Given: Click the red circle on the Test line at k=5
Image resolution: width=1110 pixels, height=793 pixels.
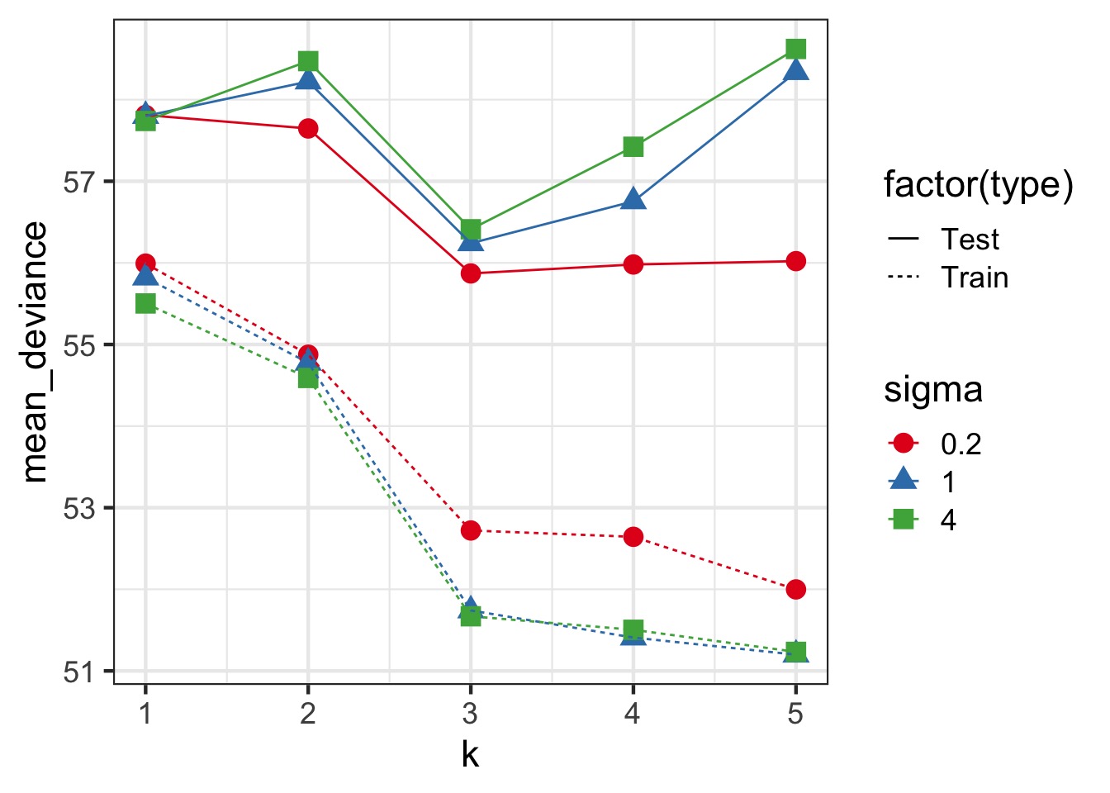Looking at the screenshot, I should click(795, 261).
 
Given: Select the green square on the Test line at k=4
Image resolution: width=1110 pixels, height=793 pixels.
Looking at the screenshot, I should click(633, 147).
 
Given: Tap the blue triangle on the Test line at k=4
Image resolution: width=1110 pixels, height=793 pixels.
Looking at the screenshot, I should click(633, 199).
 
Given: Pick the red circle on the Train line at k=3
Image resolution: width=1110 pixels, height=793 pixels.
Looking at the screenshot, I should click(471, 530).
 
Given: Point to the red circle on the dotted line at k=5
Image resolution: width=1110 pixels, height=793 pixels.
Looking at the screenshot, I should click(795, 589).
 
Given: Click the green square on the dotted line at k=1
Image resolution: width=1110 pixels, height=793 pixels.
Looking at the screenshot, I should click(145, 304).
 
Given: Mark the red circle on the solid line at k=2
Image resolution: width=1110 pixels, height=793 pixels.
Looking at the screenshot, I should click(308, 128).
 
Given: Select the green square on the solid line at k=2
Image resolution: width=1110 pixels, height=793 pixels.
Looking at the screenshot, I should click(308, 61).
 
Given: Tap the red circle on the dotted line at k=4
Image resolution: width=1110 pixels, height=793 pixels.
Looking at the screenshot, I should click(633, 537).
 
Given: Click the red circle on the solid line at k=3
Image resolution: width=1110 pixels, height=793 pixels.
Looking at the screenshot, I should click(471, 273).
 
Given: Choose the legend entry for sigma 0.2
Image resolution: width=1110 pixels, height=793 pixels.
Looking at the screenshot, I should click(904, 444).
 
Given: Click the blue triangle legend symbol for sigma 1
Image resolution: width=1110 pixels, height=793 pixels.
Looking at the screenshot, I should click(904, 480).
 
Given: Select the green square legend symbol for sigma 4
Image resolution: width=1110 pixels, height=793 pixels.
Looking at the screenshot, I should click(904, 520).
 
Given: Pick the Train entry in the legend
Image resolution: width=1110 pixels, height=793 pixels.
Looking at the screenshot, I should click(975, 278).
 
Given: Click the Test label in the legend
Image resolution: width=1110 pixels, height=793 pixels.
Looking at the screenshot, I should click(970, 240).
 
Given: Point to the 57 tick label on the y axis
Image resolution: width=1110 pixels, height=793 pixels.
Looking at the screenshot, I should click(78, 182).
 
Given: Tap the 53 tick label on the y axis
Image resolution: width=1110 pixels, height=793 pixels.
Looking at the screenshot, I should click(78, 508).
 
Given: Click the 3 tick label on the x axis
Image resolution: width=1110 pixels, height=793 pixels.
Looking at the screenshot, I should click(470, 713).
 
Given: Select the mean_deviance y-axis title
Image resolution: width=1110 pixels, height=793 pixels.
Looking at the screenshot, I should click(35, 352).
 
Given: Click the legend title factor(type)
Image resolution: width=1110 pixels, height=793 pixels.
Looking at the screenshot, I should click(978, 185).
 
